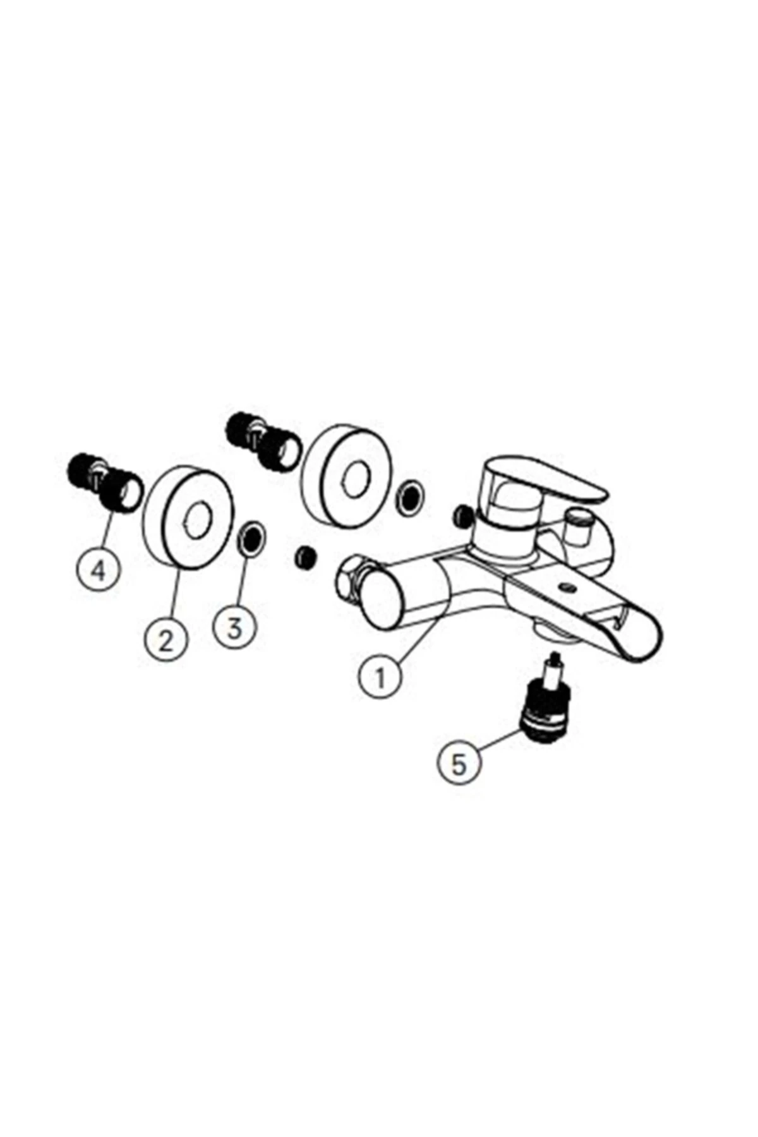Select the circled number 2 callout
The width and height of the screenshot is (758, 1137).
point(165,640)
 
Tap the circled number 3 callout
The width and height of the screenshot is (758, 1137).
point(234,627)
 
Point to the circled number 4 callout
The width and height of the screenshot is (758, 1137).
point(99,570)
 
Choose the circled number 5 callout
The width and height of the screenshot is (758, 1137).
point(459,763)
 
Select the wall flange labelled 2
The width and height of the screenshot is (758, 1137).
point(188,519)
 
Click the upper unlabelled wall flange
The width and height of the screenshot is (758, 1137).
point(347,476)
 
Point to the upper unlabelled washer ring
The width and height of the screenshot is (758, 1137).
point(409,497)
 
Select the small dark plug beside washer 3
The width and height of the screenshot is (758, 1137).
point(306,557)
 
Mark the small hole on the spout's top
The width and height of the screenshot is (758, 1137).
point(567,587)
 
